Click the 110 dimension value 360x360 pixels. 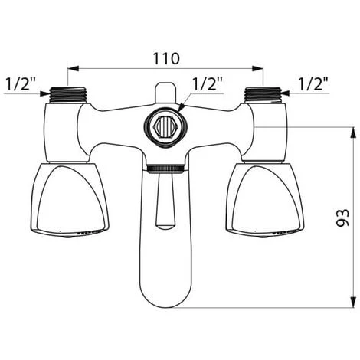tap(165, 57)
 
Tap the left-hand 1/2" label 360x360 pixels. tap(21, 83)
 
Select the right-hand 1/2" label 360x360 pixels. tap(313, 83)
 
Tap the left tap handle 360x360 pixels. tap(70, 199)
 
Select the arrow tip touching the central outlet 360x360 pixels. tap(181, 109)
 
